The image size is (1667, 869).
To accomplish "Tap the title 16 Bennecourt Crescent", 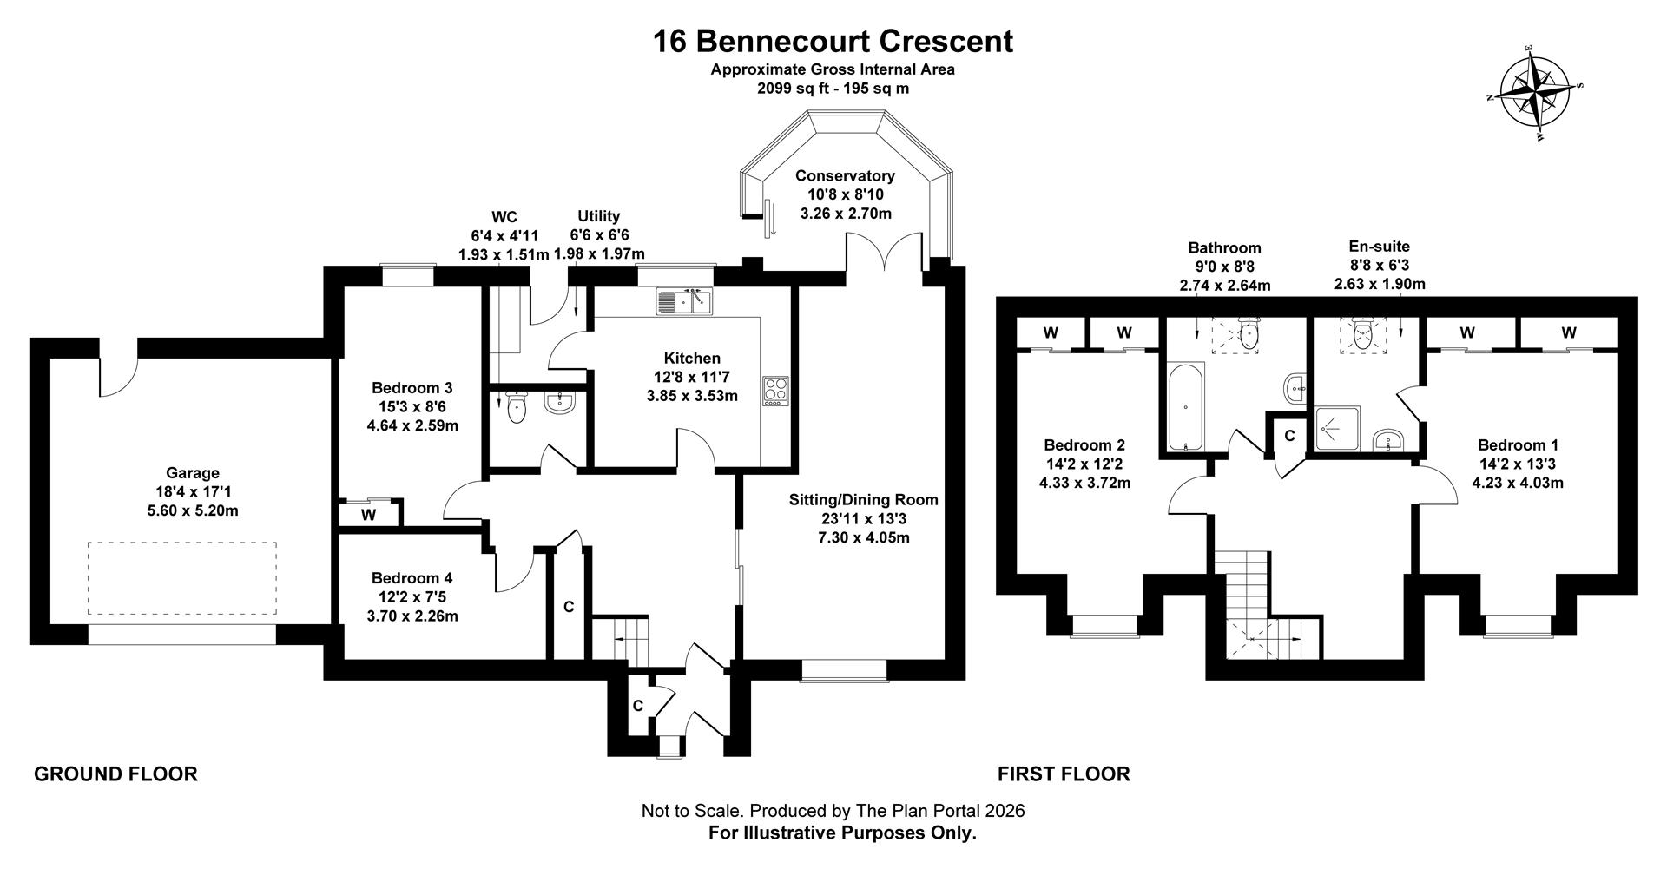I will click(833, 41).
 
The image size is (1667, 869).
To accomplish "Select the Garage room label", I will click(193, 473).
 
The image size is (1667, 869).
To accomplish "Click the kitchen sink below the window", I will click(684, 301).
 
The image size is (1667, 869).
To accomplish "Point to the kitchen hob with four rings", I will click(775, 391).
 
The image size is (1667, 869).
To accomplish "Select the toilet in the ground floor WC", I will click(517, 408).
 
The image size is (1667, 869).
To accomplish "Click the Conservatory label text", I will click(844, 176).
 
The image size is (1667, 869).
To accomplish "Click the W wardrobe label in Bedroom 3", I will click(368, 515).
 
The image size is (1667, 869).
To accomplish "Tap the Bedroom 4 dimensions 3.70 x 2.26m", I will click(412, 616).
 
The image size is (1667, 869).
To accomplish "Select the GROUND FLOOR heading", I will click(115, 774).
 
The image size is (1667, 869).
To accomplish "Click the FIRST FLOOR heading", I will click(1064, 774).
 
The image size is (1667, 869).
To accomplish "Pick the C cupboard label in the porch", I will click(637, 706).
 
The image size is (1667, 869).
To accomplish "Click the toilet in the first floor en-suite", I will click(1360, 336).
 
